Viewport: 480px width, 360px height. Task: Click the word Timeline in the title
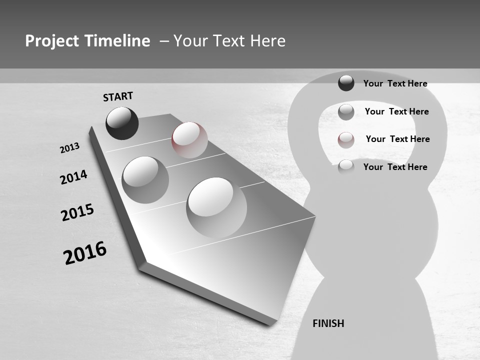coord(118,41)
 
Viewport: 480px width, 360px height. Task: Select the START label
coord(118,96)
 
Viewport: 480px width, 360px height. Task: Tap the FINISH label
coord(328,323)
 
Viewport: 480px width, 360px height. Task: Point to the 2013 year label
coord(70,148)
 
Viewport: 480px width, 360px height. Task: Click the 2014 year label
coord(73,177)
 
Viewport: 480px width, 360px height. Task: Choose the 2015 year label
coord(77,212)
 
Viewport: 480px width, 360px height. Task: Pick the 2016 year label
coord(85,253)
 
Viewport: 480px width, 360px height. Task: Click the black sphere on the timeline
coord(122,123)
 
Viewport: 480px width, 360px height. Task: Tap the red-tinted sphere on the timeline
coord(189,140)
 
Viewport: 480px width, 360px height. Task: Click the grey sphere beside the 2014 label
coord(145,180)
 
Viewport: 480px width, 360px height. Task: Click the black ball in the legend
coord(346,83)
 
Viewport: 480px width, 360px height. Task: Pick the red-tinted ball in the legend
coord(346,140)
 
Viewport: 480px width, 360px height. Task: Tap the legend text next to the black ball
coord(395,83)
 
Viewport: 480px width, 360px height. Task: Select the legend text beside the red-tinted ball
coord(397,139)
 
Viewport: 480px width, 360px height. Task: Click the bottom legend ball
coord(346,167)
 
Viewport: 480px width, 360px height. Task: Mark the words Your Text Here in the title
coord(229,41)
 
